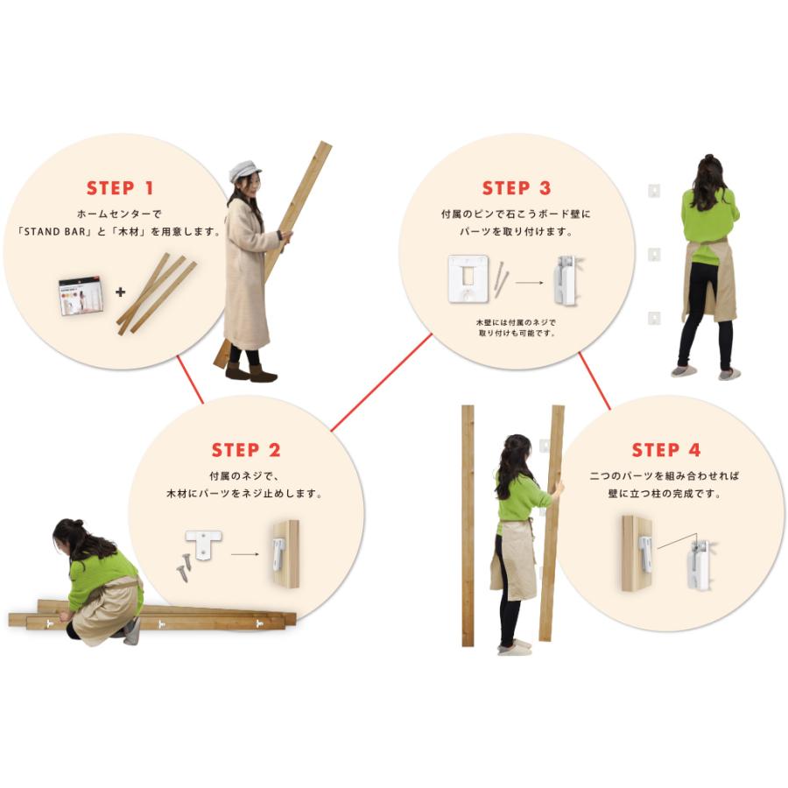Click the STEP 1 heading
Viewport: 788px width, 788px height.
[x=120, y=188]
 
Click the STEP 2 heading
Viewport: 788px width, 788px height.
[x=246, y=450]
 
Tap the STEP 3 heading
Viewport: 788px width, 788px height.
[x=516, y=188]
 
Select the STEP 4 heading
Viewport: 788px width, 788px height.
[x=666, y=450]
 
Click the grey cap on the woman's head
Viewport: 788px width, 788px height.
[x=243, y=171]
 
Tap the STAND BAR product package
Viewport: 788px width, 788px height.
[x=81, y=296]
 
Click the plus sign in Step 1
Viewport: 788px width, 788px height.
[x=120, y=292]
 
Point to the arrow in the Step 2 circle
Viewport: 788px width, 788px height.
[x=245, y=554]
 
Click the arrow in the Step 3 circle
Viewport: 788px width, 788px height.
[x=529, y=283]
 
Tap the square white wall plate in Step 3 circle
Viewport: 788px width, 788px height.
[x=468, y=279]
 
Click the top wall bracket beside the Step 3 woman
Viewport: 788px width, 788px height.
[x=653, y=191]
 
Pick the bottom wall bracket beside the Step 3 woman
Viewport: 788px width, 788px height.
[x=654, y=318]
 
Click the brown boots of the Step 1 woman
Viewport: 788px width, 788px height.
[x=250, y=371]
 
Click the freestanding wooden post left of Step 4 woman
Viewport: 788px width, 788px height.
[x=468, y=525]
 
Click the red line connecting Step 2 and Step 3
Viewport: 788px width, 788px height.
[x=381, y=383]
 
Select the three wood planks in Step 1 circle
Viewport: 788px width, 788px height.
[x=157, y=293]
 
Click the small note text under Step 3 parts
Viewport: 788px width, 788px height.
[x=516, y=327]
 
